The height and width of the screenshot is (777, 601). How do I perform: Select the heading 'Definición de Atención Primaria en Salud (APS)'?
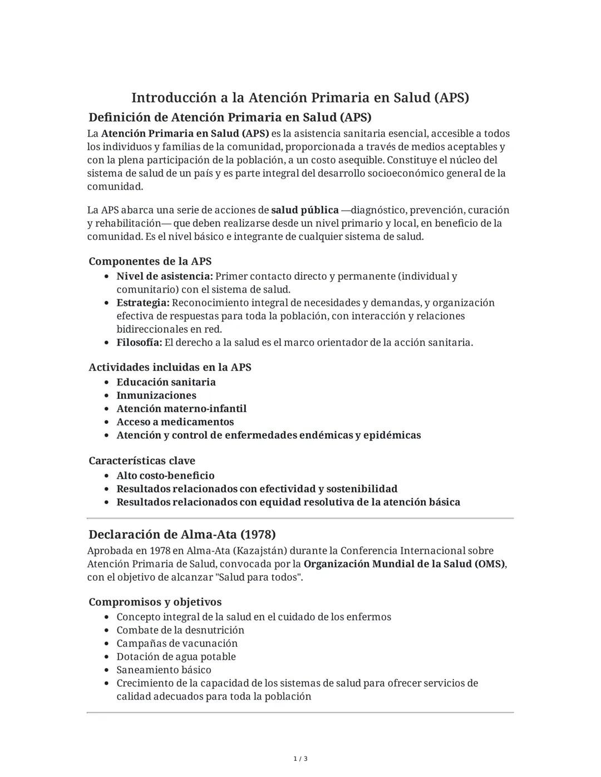point(230,117)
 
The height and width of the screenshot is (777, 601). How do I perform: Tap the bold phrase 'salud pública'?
point(304,210)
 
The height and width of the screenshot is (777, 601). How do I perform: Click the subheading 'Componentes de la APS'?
point(150,261)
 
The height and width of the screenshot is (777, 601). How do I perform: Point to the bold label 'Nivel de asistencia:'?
point(164,276)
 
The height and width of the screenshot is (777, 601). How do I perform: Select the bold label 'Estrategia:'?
point(142,303)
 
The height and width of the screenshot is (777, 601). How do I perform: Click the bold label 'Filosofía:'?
point(139,343)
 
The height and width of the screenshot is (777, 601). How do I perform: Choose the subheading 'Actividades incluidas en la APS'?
point(170,367)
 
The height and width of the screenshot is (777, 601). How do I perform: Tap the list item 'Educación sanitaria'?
point(166,382)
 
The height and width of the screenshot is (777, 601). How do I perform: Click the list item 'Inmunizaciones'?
point(156,395)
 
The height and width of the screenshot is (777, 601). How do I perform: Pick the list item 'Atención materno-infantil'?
point(181,409)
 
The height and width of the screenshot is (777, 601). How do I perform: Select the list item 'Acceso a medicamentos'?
point(175,422)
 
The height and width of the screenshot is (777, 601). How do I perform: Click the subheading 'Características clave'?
point(141,461)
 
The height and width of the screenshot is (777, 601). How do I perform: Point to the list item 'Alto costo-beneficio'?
point(165,476)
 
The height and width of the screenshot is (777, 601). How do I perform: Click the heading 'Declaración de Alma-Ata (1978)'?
point(182,535)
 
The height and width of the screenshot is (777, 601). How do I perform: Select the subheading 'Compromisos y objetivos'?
point(155,602)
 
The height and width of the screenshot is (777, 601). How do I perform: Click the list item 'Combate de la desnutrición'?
point(180,630)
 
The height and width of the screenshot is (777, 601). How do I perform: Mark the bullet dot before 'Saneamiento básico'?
point(106,670)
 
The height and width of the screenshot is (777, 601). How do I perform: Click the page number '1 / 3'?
point(300,759)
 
